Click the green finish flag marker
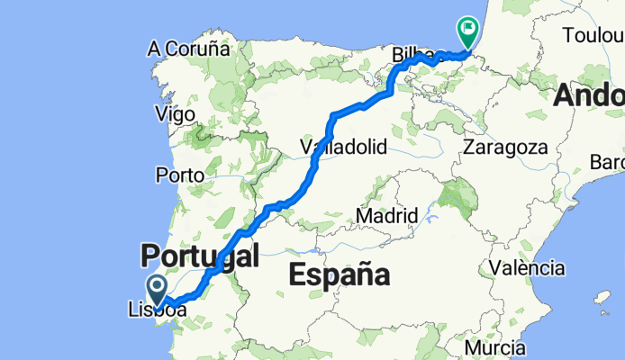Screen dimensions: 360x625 click(467, 31)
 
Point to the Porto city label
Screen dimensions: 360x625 click(179, 174)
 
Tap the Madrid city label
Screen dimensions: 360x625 click(386, 216)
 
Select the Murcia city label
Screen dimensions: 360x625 click(495, 346)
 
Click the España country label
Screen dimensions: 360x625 click(339, 274)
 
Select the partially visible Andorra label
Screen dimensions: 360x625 click(589, 94)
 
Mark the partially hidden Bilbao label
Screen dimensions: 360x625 click(408, 55)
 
